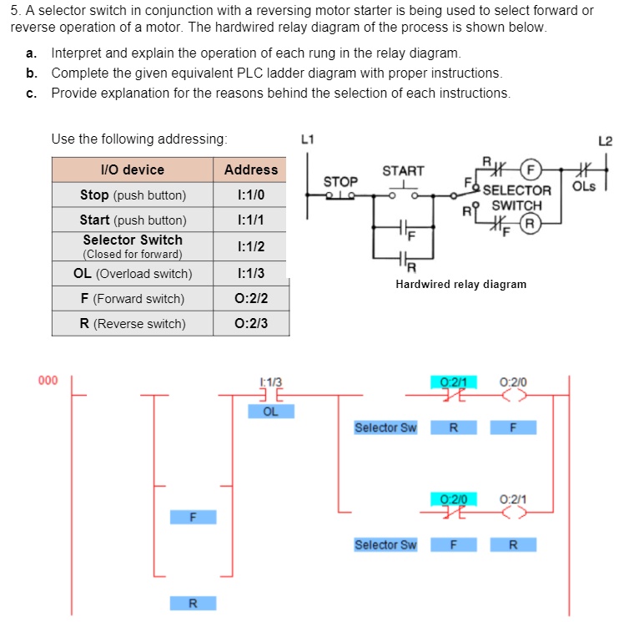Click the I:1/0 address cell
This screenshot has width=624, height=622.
click(251, 195)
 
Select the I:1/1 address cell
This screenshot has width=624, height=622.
click(251, 220)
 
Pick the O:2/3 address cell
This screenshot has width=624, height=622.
click(251, 323)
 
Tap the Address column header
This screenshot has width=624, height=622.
click(251, 169)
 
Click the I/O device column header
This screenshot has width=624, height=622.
click(132, 169)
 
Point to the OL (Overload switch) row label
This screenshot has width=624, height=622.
click(132, 273)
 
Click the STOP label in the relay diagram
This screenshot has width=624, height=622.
click(340, 181)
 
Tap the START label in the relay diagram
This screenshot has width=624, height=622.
click(403, 171)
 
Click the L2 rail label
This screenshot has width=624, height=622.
click(605, 140)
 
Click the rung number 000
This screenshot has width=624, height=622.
click(48, 381)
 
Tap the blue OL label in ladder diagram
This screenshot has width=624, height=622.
click(271, 411)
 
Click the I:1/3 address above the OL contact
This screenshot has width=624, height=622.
click(271, 382)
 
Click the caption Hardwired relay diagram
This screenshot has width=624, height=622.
click(460, 285)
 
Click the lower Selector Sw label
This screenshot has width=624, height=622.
click(385, 545)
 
